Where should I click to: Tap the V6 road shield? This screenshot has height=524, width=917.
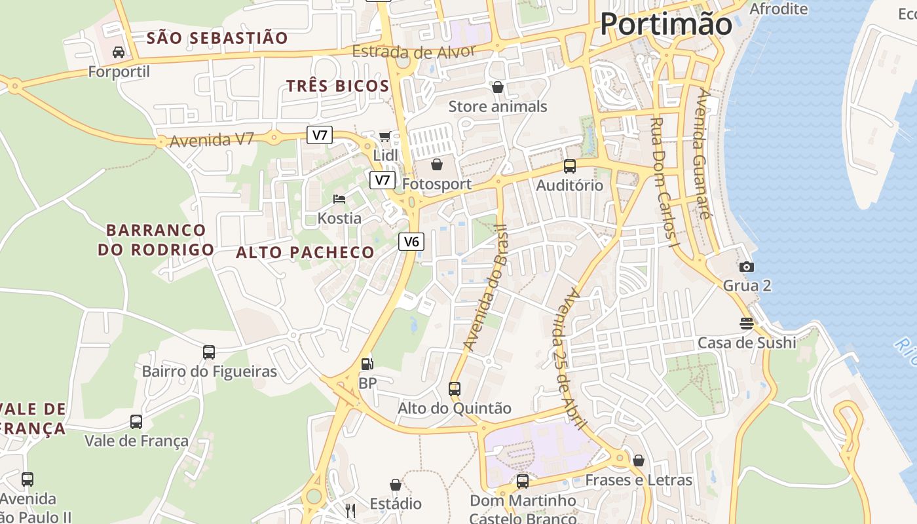(411, 242)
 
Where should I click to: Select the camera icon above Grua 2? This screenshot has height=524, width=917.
(746, 267)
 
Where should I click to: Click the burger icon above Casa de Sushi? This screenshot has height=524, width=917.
(746, 323)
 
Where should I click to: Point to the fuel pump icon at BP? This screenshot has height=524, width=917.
(367, 364)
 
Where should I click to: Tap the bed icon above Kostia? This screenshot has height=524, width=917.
(339, 198)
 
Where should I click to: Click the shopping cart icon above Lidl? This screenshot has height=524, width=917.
(384, 136)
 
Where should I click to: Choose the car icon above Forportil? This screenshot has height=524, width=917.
(119, 52)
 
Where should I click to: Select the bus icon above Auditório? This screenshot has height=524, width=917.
(570, 166)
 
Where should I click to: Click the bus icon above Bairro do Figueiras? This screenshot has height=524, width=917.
(209, 352)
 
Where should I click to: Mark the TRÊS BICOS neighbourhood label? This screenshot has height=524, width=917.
(338, 86)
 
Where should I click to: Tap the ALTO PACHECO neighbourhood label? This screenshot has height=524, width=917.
(305, 252)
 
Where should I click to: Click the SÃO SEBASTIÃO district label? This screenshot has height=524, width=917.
(217, 38)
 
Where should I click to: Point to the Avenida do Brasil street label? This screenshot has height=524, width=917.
(485, 288)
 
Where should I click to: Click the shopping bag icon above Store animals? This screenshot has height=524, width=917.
(497, 87)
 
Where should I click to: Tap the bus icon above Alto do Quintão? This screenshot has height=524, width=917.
(455, 388)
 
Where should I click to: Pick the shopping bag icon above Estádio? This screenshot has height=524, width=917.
(395, 485)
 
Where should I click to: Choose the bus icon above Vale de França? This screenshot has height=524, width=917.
(136, 422)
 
